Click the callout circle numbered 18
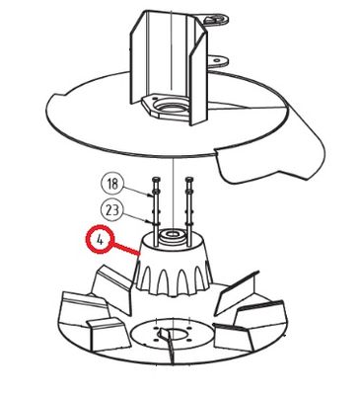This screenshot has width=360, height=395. pos(112,184)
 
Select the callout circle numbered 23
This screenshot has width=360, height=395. pos(111,210)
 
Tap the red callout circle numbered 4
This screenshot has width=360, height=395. pos(100,239)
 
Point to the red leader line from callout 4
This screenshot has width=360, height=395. pos(126,249)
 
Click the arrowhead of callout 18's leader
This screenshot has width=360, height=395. pos(152,196)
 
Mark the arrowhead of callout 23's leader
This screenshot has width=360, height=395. pos(152,221)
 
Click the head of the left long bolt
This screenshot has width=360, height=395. pos(155,179)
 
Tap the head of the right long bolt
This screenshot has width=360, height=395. pos(188,179)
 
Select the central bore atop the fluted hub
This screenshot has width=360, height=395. pos(171,234)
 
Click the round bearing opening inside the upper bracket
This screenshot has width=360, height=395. pos(169,109)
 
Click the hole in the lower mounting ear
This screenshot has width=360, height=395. pos(216,60)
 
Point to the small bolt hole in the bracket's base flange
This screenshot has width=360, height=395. pos(154,98)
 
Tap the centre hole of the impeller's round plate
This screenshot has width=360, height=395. pos(173,335)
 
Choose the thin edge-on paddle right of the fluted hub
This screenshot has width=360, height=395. pos(235,292)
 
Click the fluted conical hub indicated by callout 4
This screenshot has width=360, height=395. pos(174,264)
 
